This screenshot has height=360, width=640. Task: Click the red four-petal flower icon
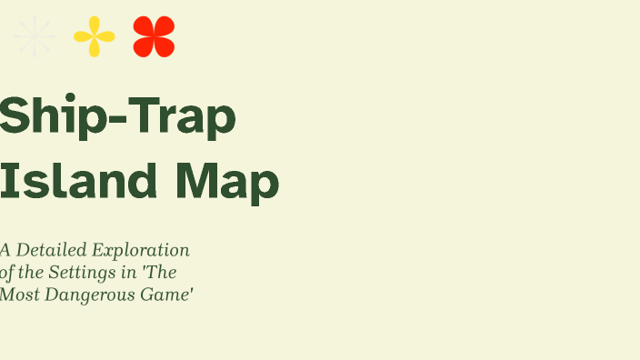(154, 37)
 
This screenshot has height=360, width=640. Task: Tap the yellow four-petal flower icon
(95, 37)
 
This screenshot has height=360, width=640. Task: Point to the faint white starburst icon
(35, 37)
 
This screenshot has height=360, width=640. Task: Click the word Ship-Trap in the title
(117, 116)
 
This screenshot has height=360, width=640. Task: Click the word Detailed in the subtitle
(46, 250)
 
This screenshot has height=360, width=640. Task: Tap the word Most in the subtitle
(15, 294)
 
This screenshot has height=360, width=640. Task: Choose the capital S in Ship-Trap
(13, 116)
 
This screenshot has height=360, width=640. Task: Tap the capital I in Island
(6, 181)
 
